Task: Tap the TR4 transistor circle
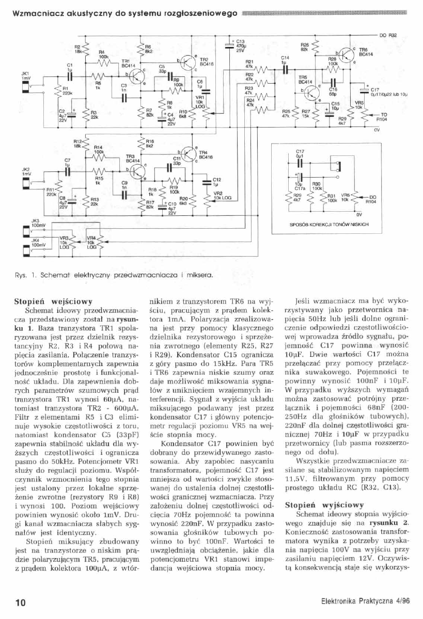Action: pos(189,154)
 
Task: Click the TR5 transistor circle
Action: pos(312,93)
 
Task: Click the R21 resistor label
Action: pos(248,61)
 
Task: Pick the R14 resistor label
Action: pos(98,152)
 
